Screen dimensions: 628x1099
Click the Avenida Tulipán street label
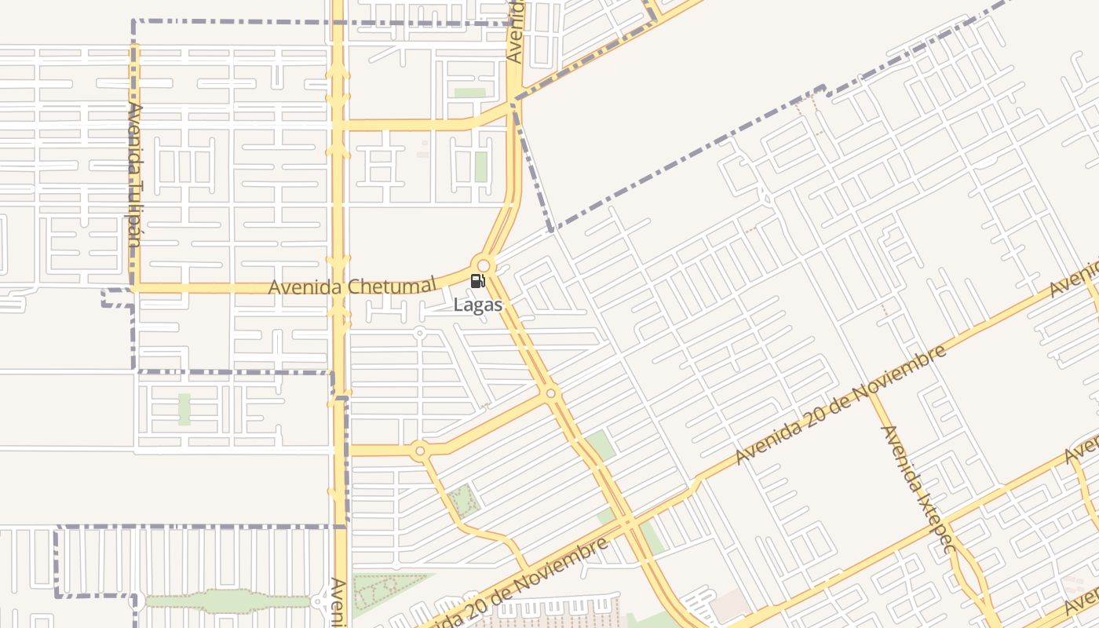point(134,175)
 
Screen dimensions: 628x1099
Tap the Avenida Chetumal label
point(352,286)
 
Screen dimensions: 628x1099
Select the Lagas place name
point(477,304)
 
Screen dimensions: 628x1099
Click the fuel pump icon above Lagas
point(477,281)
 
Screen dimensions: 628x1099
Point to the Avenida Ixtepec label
point(915,488)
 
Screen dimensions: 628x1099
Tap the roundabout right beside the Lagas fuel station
point(484,265)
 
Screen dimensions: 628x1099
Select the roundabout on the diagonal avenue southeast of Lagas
point(551,393)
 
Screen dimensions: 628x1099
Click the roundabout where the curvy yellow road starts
point(419,450)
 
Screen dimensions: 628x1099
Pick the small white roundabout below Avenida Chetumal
point(419,334)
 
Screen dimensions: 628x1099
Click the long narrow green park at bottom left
point(228,601)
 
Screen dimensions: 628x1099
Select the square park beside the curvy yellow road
point(463,501)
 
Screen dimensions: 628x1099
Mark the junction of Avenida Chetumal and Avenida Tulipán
point(134,288)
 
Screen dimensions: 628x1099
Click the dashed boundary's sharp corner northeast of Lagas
point(551,229)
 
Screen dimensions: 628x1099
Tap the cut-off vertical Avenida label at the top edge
point(515,31)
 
